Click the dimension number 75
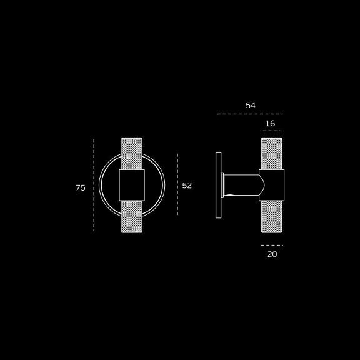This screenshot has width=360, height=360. [x=81, y=187]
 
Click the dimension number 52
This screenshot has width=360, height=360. [x=187, y=186]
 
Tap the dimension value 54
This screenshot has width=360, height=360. [x=251, y=106]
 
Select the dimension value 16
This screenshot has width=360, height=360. [x=270, y=124]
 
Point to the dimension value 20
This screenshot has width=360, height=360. [x=272, y=254]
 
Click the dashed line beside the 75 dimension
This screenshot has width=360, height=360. [x=94, y=185]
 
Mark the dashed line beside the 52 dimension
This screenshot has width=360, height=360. [x=177, y=184]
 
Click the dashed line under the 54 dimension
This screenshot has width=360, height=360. [x=250, y=114]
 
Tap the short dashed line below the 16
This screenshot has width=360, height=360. [x=272, y=131]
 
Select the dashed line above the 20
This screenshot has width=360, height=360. [x=272, y=245]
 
